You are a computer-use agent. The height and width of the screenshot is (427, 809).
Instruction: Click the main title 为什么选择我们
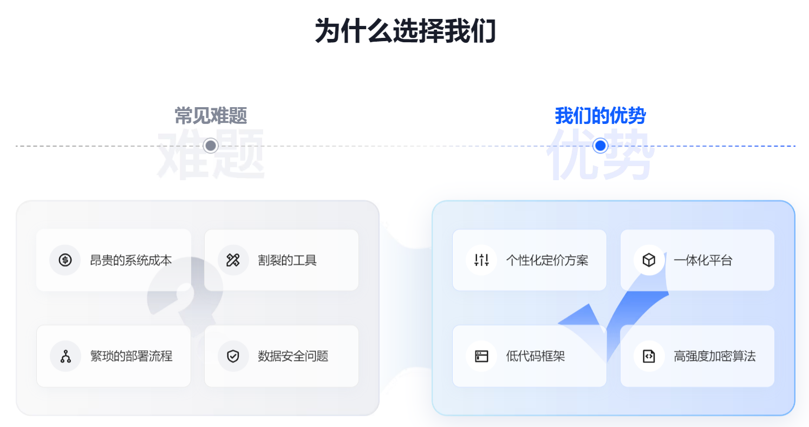[404, 31]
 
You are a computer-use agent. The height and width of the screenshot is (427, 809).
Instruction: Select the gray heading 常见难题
[211, 116]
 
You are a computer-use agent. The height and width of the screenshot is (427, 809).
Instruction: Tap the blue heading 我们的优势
[600, 116]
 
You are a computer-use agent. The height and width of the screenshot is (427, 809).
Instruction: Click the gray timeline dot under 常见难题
[211, 146]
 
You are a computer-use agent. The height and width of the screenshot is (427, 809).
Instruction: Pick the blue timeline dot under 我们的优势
[600, 146]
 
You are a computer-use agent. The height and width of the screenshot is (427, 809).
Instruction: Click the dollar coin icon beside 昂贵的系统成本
[65, 260]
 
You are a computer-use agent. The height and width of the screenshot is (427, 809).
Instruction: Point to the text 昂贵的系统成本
[131, 260]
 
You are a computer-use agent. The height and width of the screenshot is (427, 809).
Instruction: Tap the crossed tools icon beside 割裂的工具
[233, 260]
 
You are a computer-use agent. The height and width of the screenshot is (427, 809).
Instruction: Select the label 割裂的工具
[287, 260]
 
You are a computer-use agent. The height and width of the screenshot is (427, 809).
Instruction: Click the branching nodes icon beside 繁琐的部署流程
[65, 356]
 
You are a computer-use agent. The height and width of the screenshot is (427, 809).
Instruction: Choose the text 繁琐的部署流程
[131, 356]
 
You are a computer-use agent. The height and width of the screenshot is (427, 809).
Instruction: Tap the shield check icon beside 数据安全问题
[233, 356]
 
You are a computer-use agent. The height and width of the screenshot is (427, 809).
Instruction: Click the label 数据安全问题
[293, 356]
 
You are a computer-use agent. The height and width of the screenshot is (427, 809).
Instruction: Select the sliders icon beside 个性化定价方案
[481, 260]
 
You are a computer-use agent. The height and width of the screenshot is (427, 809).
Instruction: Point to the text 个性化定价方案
[547, 260]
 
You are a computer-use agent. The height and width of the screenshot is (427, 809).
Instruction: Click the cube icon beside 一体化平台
[649, 260]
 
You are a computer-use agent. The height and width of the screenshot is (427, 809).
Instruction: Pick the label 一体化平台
[703, 260]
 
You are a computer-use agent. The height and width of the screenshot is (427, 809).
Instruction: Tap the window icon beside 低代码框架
[481, 356]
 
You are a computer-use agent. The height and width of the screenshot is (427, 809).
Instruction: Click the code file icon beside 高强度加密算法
[649, 356]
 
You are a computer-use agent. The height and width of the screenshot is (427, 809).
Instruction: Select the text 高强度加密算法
[715, 356]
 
